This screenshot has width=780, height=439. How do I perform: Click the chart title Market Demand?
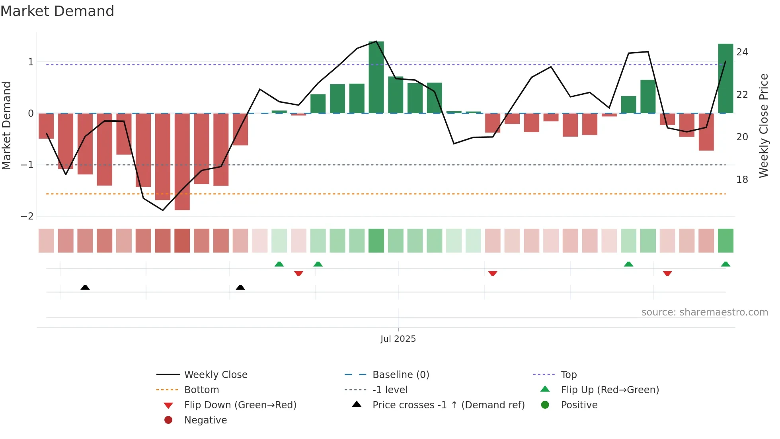coord(57,11)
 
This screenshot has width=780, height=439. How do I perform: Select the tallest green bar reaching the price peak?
coord(376,78)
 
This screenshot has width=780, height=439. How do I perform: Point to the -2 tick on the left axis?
coord(27,216)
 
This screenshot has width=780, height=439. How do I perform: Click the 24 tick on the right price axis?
coord(742,52)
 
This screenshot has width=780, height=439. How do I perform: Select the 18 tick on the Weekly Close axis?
coord(742,180)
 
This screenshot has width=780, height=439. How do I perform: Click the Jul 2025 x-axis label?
coord(398,339)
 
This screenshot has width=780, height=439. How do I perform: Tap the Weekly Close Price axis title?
coord(763,125)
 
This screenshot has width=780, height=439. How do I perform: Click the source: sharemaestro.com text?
coord(704,312)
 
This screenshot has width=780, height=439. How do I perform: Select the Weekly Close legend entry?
coord(215,375)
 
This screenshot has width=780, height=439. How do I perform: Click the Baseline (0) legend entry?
coord(400,375)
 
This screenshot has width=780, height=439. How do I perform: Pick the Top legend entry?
coord(568,375)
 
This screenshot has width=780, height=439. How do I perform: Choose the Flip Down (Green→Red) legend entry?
coord(240,405)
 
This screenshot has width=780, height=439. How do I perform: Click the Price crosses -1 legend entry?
coord(448,405)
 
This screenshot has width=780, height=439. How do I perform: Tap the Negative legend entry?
coord(205,420)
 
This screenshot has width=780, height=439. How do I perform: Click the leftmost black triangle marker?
coord(85,287)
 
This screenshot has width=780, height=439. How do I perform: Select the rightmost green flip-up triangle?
coord(725,264)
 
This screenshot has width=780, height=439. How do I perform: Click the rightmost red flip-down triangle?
coord(667,273)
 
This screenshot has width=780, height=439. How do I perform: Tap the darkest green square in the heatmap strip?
coord(376,241)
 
